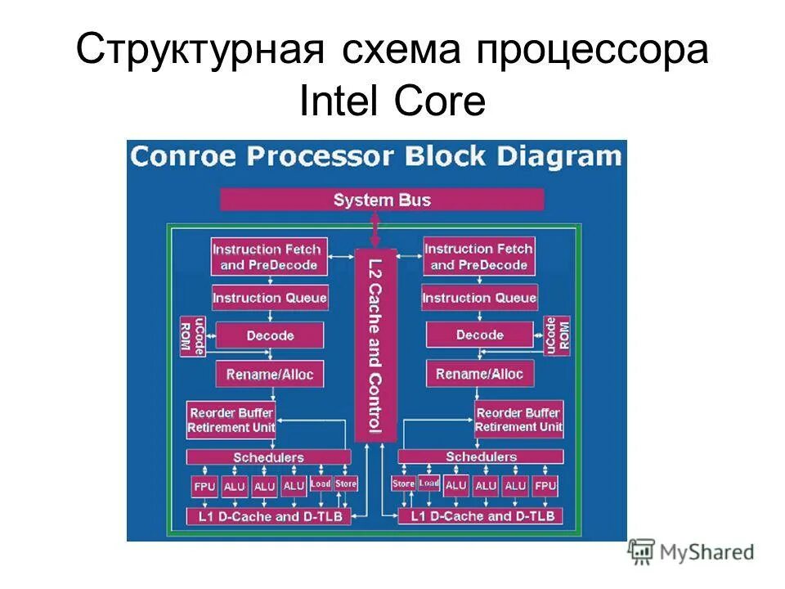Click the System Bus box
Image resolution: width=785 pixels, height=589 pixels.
[x=382, y=200]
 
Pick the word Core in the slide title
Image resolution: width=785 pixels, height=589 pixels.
[x=440, y=102]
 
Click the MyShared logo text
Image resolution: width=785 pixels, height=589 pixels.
[x=706, y=552]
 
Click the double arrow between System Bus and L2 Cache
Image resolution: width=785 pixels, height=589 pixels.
[x=375, y=230]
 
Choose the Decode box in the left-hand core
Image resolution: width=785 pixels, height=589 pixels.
[x=270, y=335]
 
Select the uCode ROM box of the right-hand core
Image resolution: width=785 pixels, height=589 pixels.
[x=558, y=335]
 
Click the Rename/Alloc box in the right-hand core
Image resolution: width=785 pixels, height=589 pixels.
[x=479, y=375]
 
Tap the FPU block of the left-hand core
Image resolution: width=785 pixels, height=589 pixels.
[x=204, y=487]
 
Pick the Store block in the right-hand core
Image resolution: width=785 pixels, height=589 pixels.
[x=404, y=484]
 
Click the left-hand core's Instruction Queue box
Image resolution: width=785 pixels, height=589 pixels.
[x=269, y=298]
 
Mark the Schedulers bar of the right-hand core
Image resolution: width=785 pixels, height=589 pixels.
[x=481, y=456]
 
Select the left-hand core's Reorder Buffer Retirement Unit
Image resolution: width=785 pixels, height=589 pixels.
[x=231, y=420]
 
